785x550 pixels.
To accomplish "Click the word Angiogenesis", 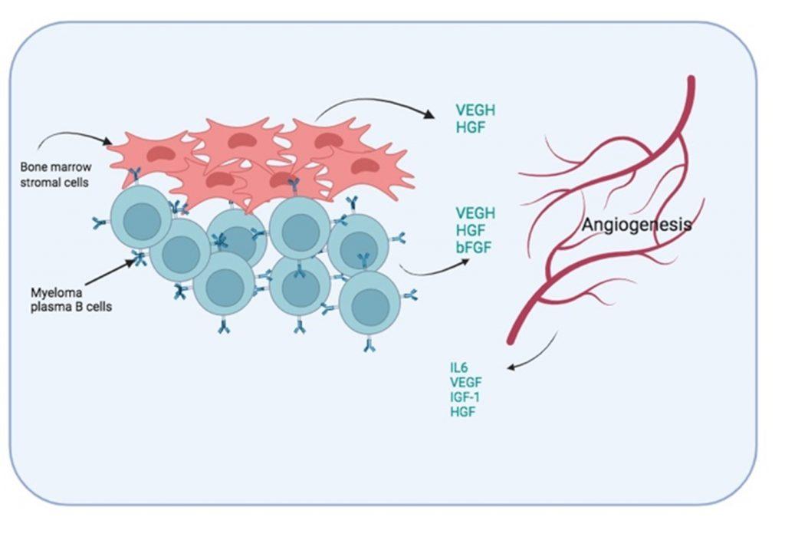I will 636,225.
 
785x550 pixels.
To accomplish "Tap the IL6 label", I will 459,366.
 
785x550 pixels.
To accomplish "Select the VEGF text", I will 466,380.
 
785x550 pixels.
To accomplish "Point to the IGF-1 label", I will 466,396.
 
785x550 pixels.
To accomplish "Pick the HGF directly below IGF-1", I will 463,411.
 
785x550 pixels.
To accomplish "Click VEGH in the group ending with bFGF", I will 475,212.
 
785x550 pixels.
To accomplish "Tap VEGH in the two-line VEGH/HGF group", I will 475,111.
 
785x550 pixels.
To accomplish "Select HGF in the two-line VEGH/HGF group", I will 470,128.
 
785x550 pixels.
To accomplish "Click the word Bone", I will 35,166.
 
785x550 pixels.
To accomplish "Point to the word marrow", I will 71,166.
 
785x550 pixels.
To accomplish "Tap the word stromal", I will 39,182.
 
